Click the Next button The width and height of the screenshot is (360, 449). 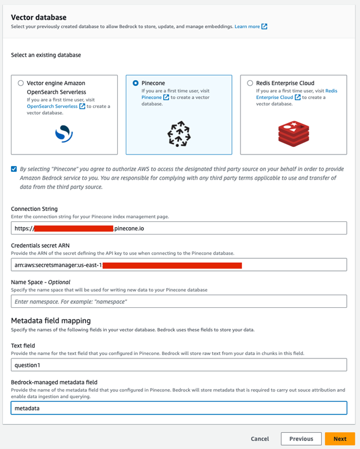pyautogui.click(x=340, y=439)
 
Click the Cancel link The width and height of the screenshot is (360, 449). pyautogui.click(x=260, y=439)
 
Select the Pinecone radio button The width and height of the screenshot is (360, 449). pyautogui.click(x=136, y=83)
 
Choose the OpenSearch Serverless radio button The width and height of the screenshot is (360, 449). pyautogui.click(x=21, y=83)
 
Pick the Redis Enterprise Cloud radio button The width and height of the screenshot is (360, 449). pyautogui.click(x=250, y=83)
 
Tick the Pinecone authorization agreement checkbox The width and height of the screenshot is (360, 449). pyautogui.click(x=14, y=169)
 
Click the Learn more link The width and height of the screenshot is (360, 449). pyautogui.click(x=247, y=27)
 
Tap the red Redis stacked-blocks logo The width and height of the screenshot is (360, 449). pyautogui.click(x=294, y=133)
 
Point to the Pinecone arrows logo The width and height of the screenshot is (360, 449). pyautogui.click(x=178, y=134)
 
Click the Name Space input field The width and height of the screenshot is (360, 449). pyautogui.click(x=179, y=301)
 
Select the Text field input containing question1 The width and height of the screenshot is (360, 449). pyautogui.click(x=179, y=365)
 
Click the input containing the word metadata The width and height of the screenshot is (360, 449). pyautogui.click(x=179, y=408)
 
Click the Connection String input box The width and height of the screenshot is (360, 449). pyautogui.click(x=179, y=228)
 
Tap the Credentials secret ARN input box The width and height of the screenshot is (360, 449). pyautogui.click(x=179, y=265)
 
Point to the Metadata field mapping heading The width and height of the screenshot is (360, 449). pyautogui.click(x=50, y=320)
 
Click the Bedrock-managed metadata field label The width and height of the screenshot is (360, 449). pyautogui.click(x=54, y=382)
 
